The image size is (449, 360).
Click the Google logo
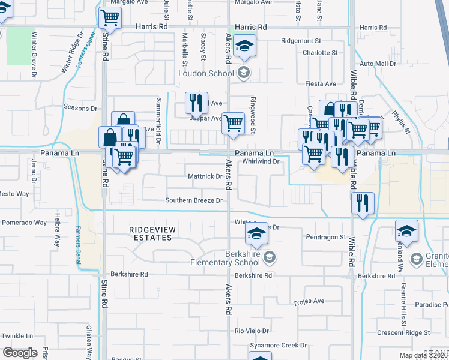(x=20, y=352)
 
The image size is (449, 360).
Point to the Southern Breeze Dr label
(x=194, y=200)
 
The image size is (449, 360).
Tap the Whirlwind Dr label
(x=262, y=161)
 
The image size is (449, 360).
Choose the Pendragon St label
(x=326, y=237)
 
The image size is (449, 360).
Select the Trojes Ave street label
(x=309, y=301)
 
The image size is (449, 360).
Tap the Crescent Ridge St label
(x=403, y=332)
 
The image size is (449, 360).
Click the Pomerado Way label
(x=23, y=223)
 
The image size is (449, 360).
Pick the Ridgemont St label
(x=306, y=41)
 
